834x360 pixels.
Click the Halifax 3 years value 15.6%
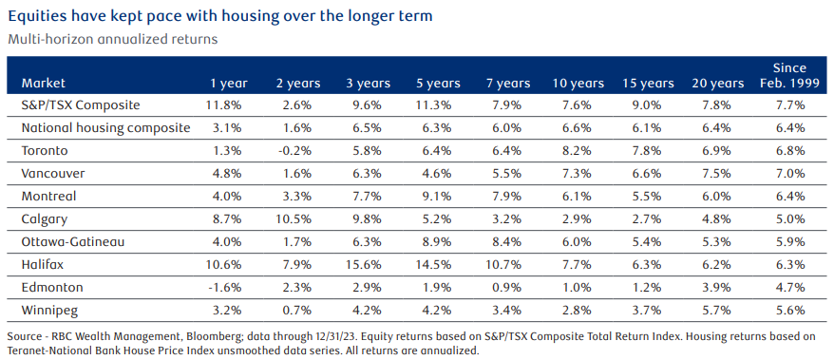point(368,265)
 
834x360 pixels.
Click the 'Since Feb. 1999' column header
point(789,75)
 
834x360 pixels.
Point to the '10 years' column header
point(578,84)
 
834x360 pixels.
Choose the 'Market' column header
point(44,84)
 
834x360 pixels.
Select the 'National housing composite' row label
point(105,127)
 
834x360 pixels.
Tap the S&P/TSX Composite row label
point(81,104)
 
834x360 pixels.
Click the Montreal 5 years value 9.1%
point(439,197)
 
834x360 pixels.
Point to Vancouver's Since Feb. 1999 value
point(789,174)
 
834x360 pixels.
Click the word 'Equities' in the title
point(30,16)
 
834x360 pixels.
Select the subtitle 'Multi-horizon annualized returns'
point(113,40)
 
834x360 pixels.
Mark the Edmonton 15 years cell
point(649,288)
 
